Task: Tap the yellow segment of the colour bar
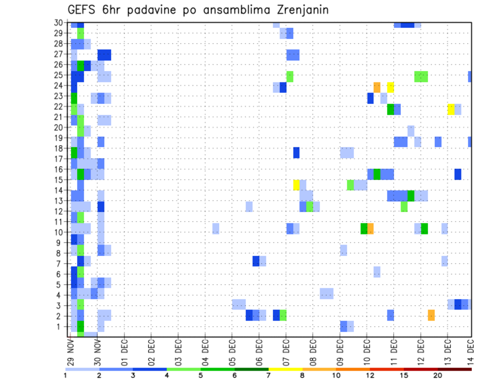(286, 369)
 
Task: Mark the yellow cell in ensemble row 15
(296, 185)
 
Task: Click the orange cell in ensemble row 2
(431, 315)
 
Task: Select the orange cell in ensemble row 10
(370, 229)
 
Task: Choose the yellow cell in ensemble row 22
(451, 109)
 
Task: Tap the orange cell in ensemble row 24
(377, 87)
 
